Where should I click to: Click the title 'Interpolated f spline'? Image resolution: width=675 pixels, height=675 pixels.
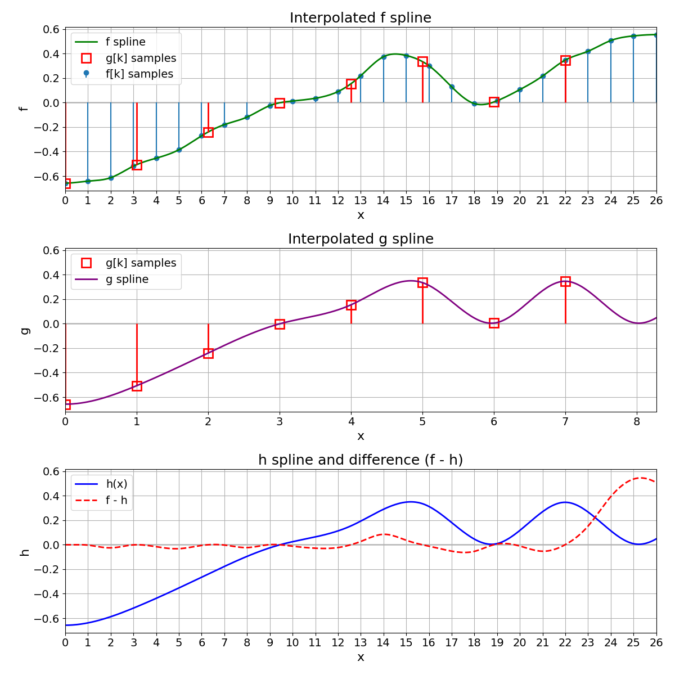[x=361, y=18]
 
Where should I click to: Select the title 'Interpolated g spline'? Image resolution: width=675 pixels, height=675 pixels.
[x=361, y=239]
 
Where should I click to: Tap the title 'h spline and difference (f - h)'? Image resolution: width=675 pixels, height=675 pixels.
[x=361, y=460]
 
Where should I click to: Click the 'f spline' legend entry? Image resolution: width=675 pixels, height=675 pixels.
[x=125, y=42]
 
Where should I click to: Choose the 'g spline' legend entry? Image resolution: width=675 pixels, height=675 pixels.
[x=127, y=280]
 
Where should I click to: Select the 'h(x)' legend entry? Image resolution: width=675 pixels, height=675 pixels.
[x=116, y=484]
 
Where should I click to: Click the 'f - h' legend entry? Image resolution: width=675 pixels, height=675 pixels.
[x=116, y=501]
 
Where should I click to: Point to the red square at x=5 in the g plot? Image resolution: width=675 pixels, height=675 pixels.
[x=422, y=282]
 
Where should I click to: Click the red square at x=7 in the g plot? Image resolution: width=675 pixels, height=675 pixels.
[x=565, y=281]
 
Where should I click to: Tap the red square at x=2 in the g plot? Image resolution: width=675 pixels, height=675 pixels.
[x=208, y=353]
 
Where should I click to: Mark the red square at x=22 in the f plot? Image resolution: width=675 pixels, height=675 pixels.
[x=565, y=60]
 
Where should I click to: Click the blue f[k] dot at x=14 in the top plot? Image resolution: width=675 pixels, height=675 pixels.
[x=384, y=57]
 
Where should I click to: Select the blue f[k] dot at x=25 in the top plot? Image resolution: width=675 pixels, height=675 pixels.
[x=633, y=36]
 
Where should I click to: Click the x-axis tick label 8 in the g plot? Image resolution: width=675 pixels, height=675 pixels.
[x=637, y=421]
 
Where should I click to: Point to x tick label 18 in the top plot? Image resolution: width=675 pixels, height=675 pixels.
[x=474, y=200]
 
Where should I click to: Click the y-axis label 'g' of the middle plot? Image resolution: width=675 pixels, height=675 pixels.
[x=24, y=330]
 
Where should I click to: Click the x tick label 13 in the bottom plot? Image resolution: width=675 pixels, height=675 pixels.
[x=361, y=642]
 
